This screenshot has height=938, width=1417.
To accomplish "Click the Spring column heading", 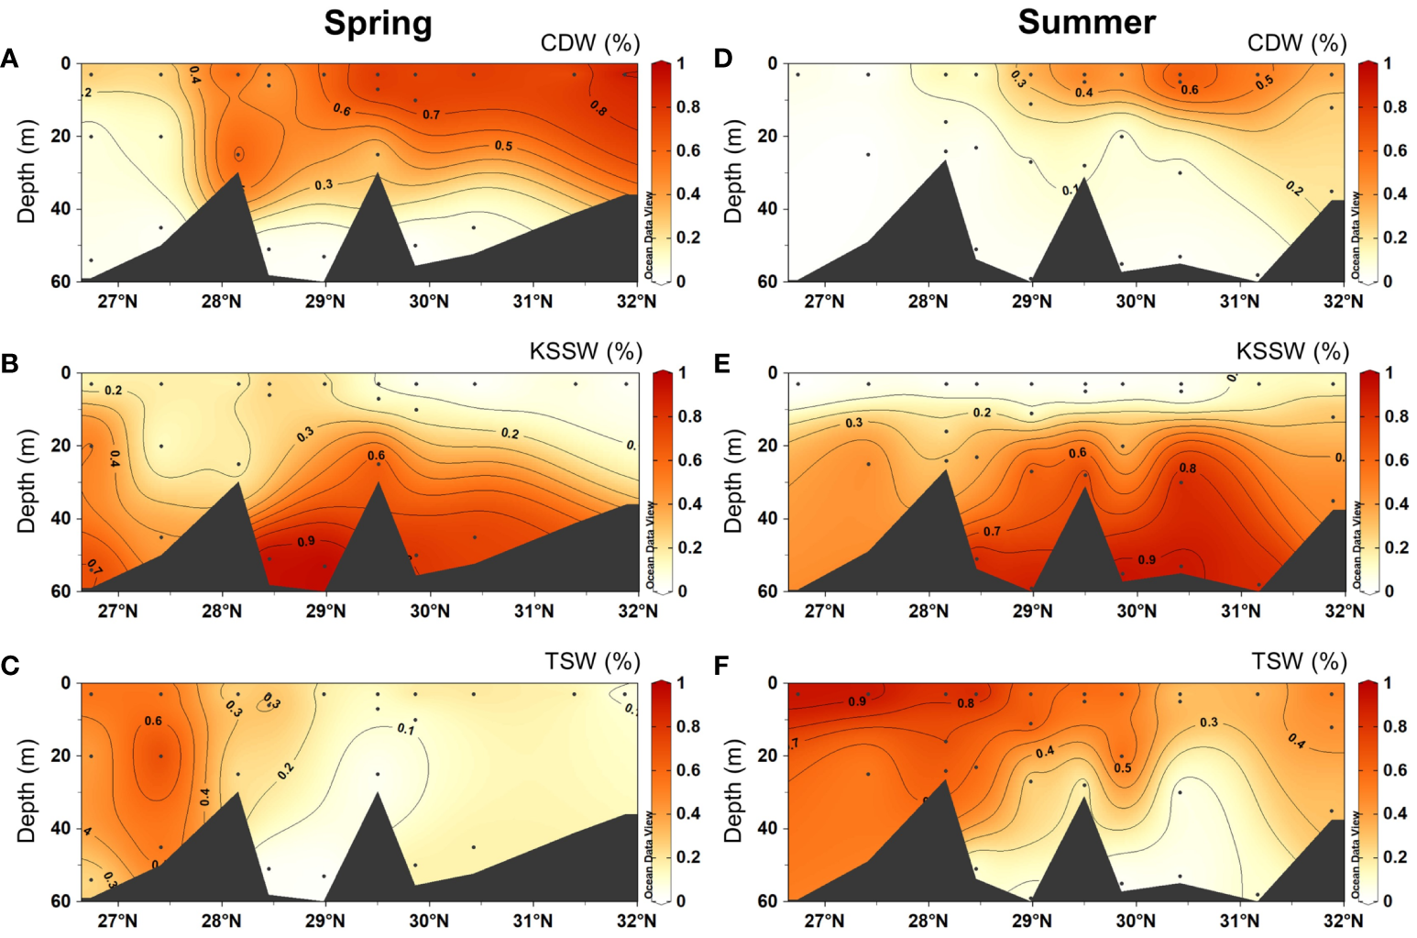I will click(378, 23).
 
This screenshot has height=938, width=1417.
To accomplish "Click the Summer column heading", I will click(1086, 22).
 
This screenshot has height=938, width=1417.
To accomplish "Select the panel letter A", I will click(9, 60).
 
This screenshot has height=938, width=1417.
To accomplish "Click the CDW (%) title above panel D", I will click(1296, 43).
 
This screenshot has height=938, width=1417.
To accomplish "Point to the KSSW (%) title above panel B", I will click(586, 351).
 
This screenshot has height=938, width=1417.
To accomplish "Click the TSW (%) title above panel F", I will click(1299, 661).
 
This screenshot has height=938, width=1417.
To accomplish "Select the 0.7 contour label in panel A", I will click(431, 115).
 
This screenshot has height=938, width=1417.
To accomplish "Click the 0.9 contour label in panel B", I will click(306, 542).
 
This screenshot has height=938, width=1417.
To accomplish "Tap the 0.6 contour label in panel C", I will click(153, 722).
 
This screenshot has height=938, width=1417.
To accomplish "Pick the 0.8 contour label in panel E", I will click(1187, 469).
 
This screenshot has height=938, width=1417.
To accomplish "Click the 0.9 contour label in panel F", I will click(856, 701).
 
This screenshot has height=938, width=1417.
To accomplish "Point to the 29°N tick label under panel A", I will click(324, 302).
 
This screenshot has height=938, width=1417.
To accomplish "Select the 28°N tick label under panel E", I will click(928, 612).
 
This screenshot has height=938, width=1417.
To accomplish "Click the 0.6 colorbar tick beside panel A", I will click(688, 150).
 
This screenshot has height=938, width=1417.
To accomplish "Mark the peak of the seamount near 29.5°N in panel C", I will click(378, 793).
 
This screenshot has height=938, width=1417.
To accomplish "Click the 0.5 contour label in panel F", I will click(1123, 768).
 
